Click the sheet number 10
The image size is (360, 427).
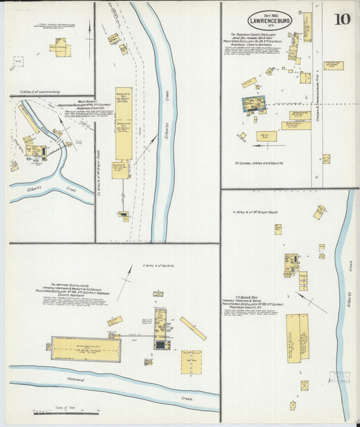pyautogui.click(x=341, y=19)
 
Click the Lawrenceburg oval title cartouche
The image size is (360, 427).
pyautogui.click(x=269, y=20)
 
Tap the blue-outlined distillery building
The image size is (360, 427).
pyautogui.click(x=253, y=105)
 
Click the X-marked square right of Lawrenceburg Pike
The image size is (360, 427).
pyautogui.click(x=326, y=159)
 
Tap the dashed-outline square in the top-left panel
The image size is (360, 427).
pyautogui.click(x=17, y=60)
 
